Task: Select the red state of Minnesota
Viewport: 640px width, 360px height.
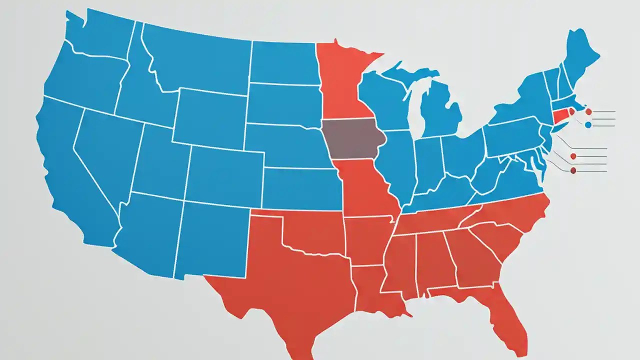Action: (340, 80)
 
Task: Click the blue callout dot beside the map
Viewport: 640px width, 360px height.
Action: (588, 124)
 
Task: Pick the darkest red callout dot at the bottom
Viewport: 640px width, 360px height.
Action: (573, 171)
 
